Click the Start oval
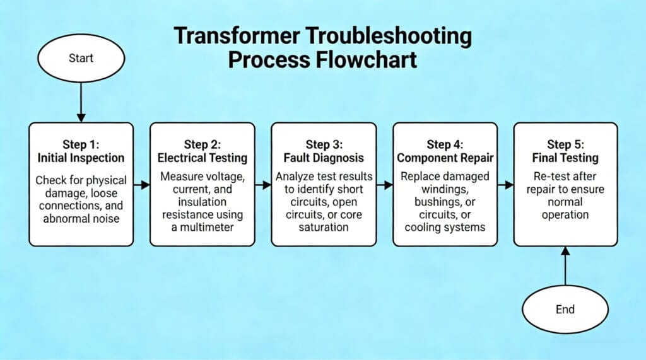(x=80, y=58)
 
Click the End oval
(x=565, y=310)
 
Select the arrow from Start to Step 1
(x=80, y=101)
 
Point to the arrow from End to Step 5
(x=565, y=268)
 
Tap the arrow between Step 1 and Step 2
(x=142, y=185)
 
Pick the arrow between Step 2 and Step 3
(x=263, y=185)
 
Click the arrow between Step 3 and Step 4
(x=385, y=185)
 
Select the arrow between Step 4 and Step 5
(x=506, y=185)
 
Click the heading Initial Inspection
(x=81, y=158)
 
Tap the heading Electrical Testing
(x=203, y=158)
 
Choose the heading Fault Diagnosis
(x=324, y=158)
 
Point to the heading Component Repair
(x=445, y=158)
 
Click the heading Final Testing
(x=565, y=158)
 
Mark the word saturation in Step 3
(x=324, y=227)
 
